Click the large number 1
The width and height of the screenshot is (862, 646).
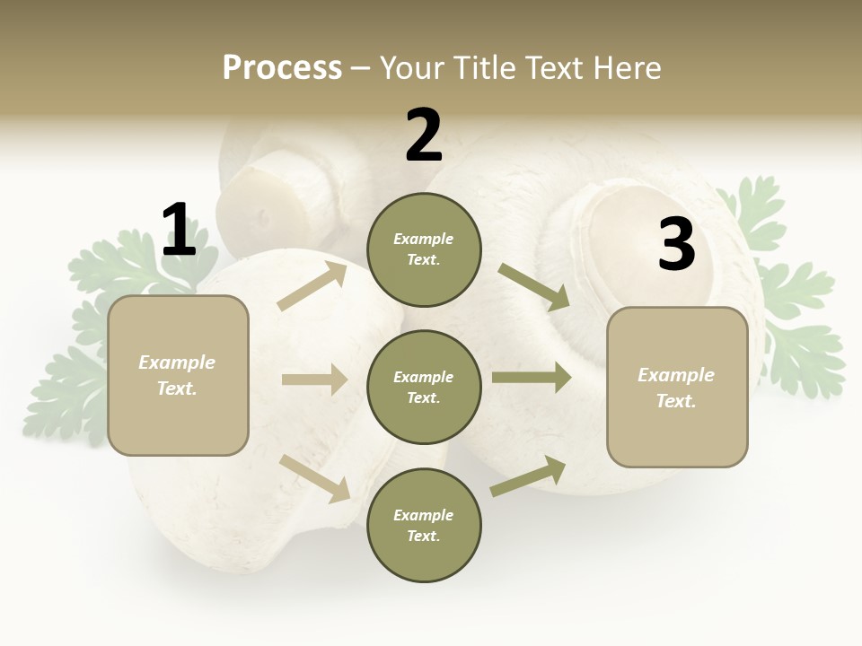(x=179, y=230)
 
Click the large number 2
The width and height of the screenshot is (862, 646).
(x=424, y=135)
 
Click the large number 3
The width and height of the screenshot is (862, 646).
(x=676, y=245)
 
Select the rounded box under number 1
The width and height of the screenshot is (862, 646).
(x=178, y=375)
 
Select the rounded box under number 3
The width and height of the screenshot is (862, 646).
(x=677, y=388)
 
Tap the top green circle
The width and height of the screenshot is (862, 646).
(x=424, y=249)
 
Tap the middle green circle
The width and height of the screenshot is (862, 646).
(x=424, y=387)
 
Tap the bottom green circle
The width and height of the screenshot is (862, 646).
(x=424, y=525)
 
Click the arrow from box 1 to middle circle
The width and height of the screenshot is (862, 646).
(x=314, y=380)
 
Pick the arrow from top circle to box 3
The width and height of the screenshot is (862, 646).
(x=534, y=286)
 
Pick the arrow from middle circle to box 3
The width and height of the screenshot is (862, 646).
(x=532, y=378)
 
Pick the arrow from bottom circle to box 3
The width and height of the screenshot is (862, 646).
(x=528, y=476)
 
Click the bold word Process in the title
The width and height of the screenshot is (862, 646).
(x=282, y=67)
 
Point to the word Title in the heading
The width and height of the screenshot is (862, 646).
(x=482, y=67)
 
